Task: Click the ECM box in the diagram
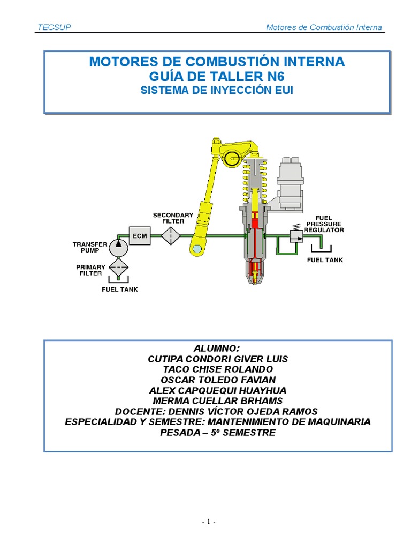[x=140, y=235]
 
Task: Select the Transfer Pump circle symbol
[x=118, y=248]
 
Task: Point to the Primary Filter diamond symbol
[x=118, y=266]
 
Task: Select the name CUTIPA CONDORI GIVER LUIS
[x=218, y=359]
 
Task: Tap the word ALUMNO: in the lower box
[x=217, y=348]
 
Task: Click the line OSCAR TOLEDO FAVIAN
[x=218, y=380]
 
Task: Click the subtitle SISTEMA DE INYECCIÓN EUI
[x=217, y=91]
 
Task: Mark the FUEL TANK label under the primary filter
[x=120, y=290]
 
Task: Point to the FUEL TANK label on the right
[x=325, y=260]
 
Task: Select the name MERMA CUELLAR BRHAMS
[x=218, y=400]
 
